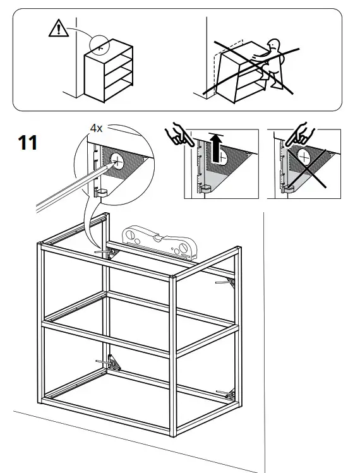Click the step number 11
[x=27, y=143]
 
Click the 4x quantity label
[x=96, y=128]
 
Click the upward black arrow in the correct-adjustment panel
[x=217, y=148]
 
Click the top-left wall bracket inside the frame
[x=109, y=253]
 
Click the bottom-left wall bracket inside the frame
[x=112, y=363]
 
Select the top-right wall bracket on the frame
[x=229, y=282]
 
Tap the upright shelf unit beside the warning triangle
[x=109, y=73]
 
